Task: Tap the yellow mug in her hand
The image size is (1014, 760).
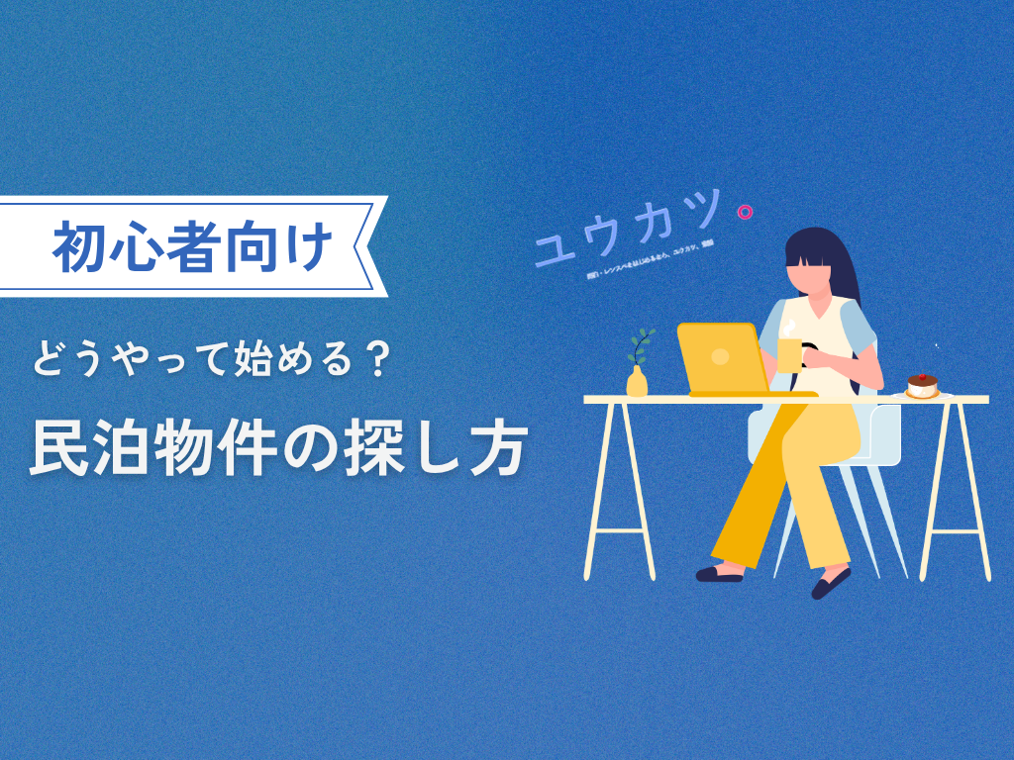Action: pyautogui.click(x=790, y=355)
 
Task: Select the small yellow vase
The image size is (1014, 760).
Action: pyautogui.click(x=637, y=382)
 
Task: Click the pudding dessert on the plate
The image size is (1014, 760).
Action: pyautogui.click(x=922, y=387)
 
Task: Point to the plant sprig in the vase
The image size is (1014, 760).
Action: pyautogui.click(x=642, y=346)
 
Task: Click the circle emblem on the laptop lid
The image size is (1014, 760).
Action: pyautogui.click(x=720, y=355)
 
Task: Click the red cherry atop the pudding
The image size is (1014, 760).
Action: pyautogui.click(x=922, y=376)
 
